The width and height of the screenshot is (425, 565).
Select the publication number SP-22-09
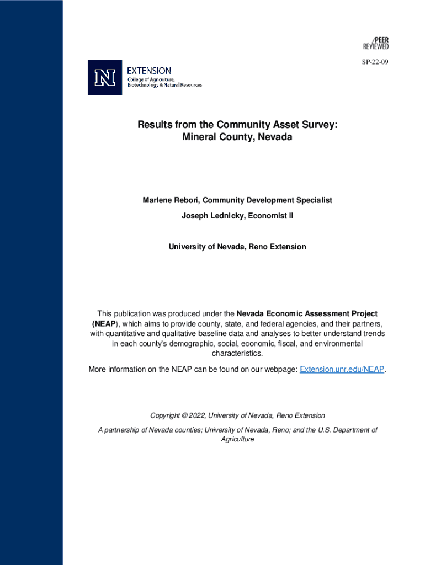(x=375, y=62)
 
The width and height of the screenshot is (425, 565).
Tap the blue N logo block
(x=105, y=78)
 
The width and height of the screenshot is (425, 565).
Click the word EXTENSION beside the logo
(x=149, y=71)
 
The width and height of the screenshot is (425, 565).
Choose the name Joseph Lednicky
(x=213, y=216)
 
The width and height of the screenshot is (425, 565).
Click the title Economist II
(x=270, y=216)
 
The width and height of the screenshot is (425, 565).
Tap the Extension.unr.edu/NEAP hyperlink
(x=342, y=369)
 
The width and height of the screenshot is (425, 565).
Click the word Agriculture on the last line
(x=237, y=439)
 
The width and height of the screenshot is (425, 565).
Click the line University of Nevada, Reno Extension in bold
(x=237, y=247)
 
